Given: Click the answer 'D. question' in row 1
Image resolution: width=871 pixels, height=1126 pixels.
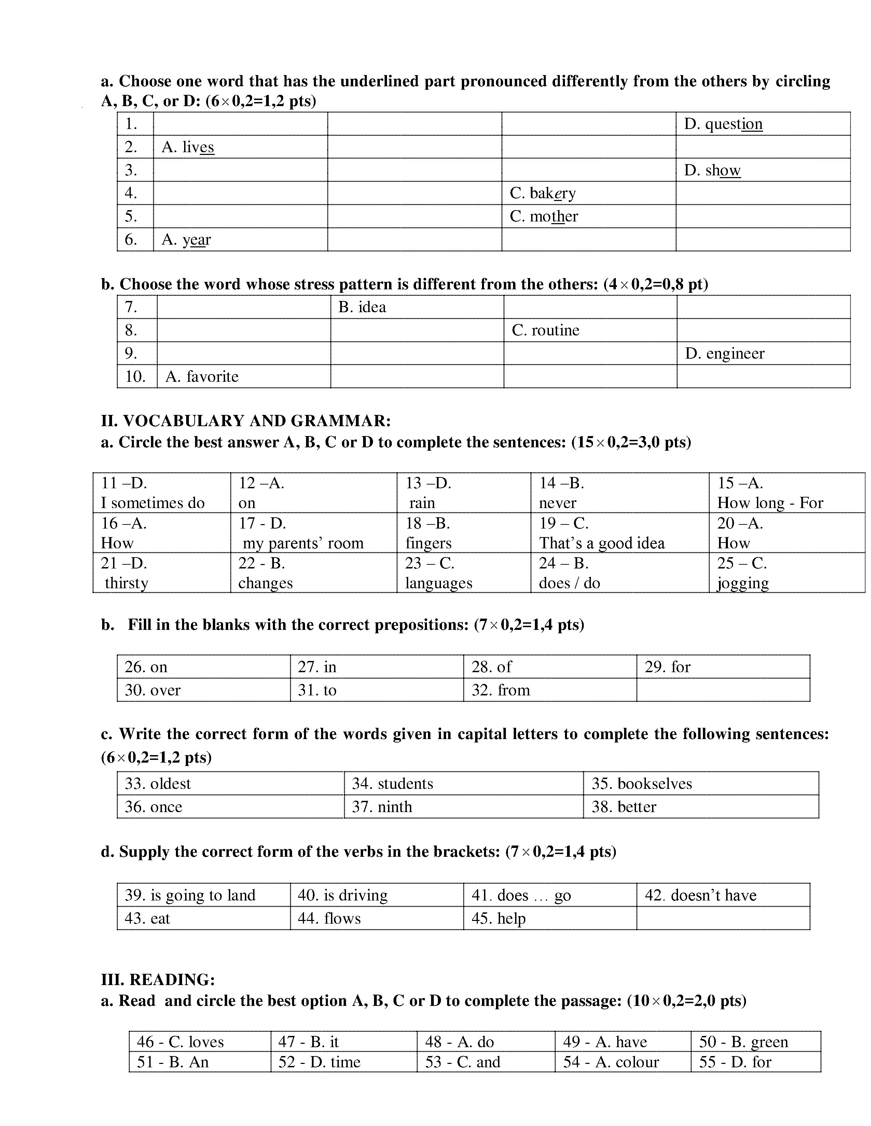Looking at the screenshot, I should (723, 124).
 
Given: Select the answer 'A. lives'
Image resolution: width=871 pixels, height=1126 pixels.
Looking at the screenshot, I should (187, 147).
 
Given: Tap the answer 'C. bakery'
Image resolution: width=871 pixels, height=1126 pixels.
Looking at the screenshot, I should (542, 193).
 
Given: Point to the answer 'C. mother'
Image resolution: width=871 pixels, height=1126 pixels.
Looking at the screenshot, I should (543, 217).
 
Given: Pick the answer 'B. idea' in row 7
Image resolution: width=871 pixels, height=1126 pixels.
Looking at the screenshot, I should (362, 307).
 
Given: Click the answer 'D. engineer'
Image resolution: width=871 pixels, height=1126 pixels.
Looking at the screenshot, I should (724, 354).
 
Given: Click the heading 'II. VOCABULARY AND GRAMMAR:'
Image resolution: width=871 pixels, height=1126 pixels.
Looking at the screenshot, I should (246, 421).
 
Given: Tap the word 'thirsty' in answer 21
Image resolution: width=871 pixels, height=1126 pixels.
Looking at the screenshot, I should (126, 583).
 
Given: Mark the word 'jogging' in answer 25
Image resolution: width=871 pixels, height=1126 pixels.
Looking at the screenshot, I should (743, 583).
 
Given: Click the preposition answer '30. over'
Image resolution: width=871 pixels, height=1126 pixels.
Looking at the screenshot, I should (153, 690).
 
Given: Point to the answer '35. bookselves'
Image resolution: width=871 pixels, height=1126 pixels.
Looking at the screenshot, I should (641, 784).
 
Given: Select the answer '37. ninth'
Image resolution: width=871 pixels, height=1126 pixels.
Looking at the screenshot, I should (382, 807).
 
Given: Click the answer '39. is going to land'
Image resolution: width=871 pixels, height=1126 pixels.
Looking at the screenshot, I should (190, 896).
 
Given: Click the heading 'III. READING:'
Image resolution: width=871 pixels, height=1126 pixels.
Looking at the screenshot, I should (158, 980).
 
